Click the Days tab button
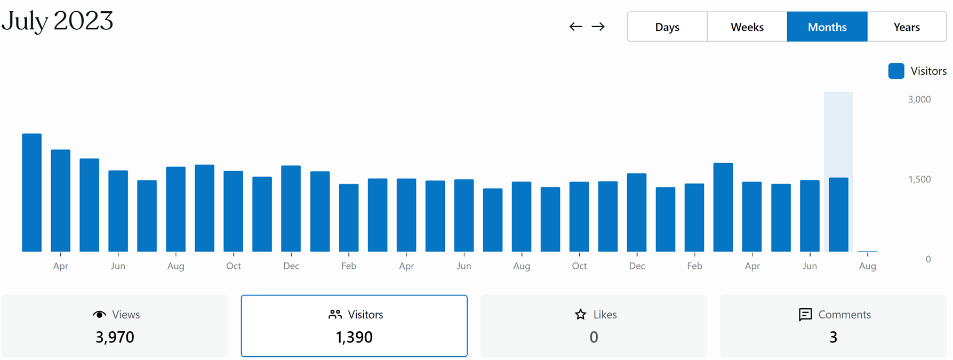[667, 27]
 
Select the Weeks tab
[747, 27]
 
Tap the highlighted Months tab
[827, 27]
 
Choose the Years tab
[907, 27]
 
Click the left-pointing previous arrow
[575, 27]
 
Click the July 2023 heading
[58, 21]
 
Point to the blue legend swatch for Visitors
[896, 71]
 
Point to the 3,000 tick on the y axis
[919, 100]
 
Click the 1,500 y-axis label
[919, 180]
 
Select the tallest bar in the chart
[32, 192]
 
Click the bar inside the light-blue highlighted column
[838, 214]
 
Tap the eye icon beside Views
[99, 315]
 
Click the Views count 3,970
[115, 337]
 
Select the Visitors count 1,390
[354, 337]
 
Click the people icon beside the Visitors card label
[335, 315]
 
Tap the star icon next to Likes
[581, 315]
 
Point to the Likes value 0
[594, 337]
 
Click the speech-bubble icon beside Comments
[805, 315]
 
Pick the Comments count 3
[833, 337]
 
